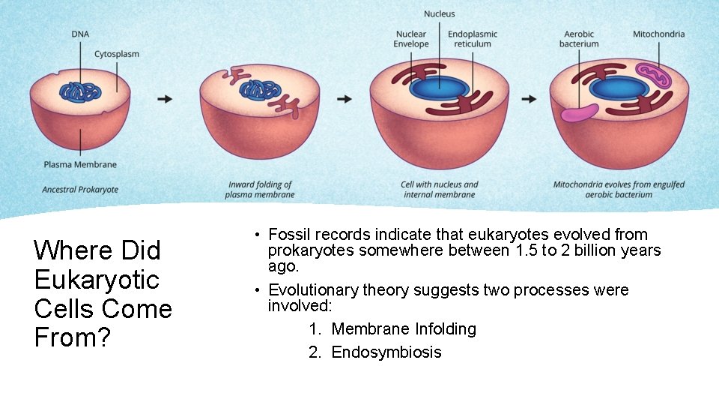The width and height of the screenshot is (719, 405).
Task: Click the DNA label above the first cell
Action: point(80,34)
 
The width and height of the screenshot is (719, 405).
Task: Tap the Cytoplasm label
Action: point(117,54)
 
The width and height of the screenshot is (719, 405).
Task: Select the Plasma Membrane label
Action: point(80,164)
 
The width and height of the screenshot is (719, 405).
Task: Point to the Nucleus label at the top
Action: point(439,13)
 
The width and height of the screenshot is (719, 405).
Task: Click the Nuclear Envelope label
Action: point(411,39)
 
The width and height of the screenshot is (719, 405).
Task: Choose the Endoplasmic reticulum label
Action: point(473,39)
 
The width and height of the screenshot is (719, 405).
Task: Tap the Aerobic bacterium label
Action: point(579,39)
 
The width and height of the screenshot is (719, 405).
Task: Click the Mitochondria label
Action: point(658,34)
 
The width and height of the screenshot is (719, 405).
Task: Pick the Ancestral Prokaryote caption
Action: point(80,190)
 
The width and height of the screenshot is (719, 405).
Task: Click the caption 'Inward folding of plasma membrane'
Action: point(260,190)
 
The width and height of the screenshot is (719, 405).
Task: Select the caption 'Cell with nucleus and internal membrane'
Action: point(439,190)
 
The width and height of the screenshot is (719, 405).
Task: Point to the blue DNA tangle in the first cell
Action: point(80,91)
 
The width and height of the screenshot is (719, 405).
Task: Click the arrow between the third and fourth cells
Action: point(528,99)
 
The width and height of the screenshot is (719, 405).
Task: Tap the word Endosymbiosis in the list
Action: point(386,352)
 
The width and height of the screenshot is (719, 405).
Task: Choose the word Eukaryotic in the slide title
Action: point(97,280)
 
